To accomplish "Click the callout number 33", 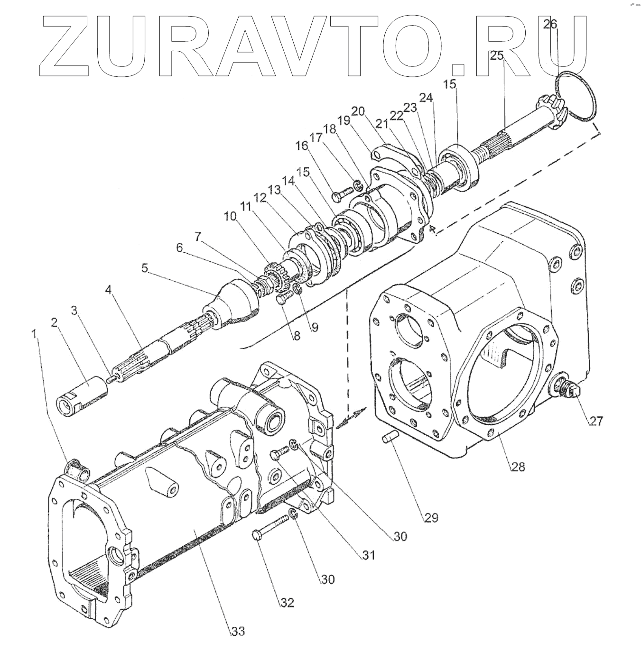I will pos(238,631).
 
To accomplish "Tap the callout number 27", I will pos(595,420).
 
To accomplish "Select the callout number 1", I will pos(34,334).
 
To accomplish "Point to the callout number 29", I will pos(431,516).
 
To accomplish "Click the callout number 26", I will pos(550,24).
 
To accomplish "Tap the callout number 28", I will pos(518,467).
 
